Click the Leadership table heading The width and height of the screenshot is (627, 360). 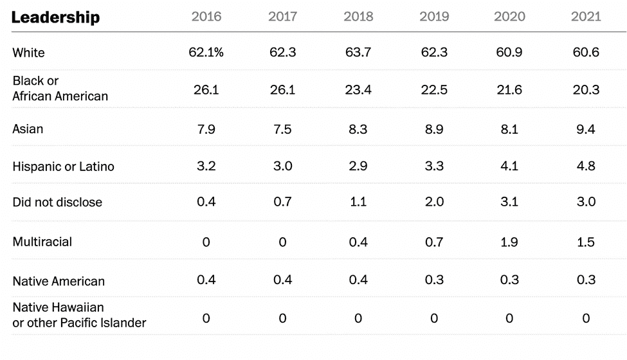coord(55,17)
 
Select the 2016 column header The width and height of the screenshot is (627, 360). coord(206,17)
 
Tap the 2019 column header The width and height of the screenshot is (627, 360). coord(434,17)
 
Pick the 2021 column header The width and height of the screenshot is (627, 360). coord(586,17)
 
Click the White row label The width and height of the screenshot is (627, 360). coord(29,53)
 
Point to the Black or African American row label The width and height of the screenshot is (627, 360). coord(60,89)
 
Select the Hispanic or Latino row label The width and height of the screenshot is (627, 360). coord(63,166)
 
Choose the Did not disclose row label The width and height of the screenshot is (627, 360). coord(57,203)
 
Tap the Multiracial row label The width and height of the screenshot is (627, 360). coord(42,242)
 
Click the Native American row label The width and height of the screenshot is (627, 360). coord(59,281)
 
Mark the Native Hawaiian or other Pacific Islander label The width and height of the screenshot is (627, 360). coord(79,315)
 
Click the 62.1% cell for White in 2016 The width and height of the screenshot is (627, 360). coord(206,53)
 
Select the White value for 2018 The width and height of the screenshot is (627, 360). coord(358,53)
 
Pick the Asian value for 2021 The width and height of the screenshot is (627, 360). coord(586,130)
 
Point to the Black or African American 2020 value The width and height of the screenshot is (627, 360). coord(509,90)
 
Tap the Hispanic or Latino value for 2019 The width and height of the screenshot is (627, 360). coord(434,166)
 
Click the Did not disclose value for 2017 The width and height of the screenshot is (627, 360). coord(282,203)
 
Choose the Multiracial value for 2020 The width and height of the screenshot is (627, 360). coord(509,242)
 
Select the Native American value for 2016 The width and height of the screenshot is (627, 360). coord(206,280)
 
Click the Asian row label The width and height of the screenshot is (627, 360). coord(28,129)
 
